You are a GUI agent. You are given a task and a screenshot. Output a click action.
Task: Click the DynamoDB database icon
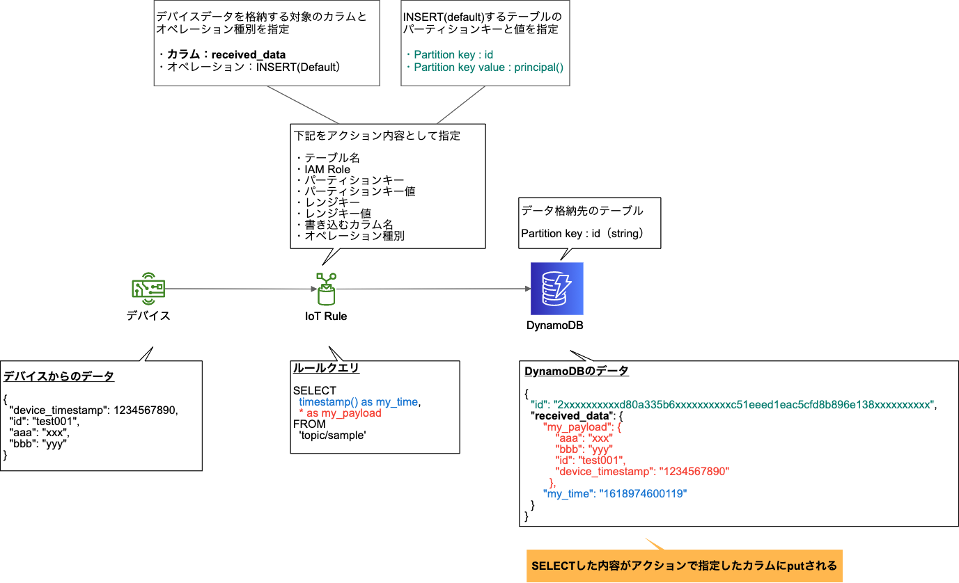556,289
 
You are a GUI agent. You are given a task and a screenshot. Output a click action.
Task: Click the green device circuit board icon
148,289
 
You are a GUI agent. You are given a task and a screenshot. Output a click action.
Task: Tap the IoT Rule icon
325,289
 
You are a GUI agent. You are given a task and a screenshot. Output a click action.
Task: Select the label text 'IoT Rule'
325,317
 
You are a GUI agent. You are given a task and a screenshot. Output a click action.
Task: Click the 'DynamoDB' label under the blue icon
555,326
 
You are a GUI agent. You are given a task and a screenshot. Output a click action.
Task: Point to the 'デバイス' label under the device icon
148,316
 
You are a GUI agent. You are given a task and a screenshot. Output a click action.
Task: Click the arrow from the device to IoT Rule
237,289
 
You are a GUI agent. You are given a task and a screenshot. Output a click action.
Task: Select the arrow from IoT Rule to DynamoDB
432,289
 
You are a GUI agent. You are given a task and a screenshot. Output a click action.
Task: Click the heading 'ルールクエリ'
326,369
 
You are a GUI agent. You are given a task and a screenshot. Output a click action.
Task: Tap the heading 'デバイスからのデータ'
59,376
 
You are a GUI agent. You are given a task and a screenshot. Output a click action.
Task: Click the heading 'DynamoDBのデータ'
577,371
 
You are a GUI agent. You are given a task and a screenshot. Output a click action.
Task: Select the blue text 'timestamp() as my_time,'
360,401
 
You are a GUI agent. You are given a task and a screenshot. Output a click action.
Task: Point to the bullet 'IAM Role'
327,169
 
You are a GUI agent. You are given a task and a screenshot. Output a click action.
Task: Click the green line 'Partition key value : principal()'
488,67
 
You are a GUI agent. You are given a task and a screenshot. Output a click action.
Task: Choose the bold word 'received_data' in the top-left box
249,54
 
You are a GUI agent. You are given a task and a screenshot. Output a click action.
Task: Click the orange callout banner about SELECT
684,565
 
